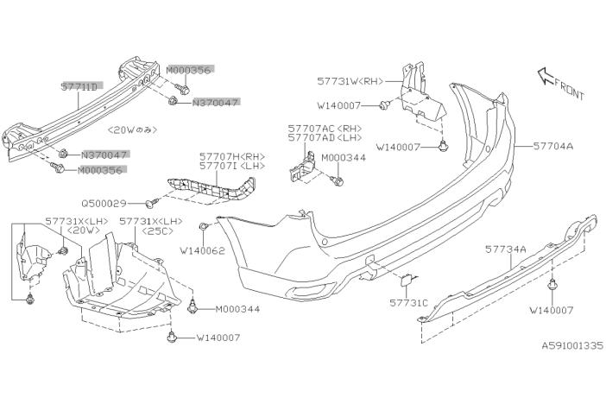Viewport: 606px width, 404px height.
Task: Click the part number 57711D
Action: point(80,86)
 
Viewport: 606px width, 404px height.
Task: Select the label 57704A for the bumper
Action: point(553,146)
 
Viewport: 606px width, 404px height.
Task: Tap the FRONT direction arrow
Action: point(546,76)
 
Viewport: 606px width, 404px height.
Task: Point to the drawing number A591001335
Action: point(571,345)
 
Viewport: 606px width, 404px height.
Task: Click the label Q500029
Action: point(104,203)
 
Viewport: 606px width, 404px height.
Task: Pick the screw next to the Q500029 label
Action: point(152,203)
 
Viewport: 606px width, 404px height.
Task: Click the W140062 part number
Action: point(202,250)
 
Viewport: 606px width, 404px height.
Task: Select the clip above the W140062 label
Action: point(204,226)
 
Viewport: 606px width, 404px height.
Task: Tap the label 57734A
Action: point(506,249)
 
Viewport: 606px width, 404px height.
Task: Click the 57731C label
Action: point(408,303)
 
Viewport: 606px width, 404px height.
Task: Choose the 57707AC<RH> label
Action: point(325,129)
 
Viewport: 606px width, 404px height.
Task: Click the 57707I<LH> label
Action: point(232,166)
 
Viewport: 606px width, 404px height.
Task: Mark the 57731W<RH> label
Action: point(350,81)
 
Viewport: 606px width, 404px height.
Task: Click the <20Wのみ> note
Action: point(133,129)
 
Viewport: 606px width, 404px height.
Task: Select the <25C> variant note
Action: point(157,230)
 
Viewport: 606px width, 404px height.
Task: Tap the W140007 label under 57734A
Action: point(552,310)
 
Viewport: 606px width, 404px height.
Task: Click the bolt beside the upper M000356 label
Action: point(181,89)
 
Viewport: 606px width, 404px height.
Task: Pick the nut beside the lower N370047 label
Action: point(63,154)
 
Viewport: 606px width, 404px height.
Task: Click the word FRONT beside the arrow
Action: point(569,89)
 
